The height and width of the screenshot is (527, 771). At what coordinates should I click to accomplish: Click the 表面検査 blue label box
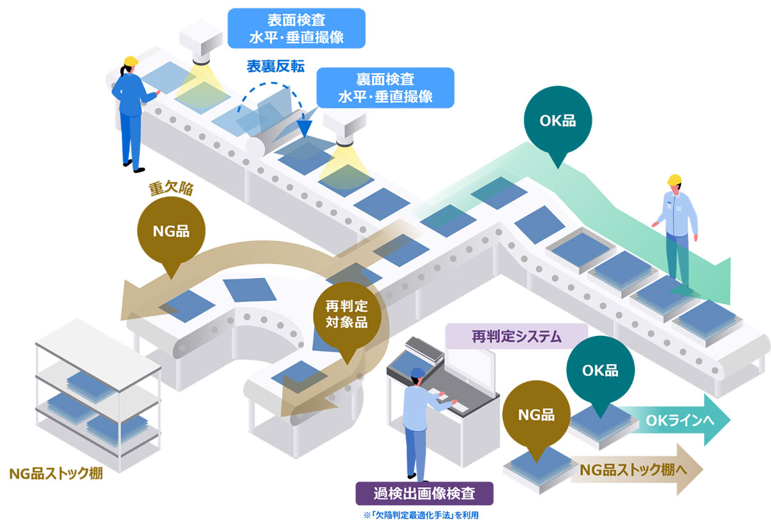(296, 28)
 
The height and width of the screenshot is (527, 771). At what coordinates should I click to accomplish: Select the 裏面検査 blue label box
(385, 88)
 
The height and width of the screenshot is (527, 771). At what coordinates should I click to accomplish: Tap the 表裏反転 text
(276, 66)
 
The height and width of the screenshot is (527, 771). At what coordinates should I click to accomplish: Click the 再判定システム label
(517, 335)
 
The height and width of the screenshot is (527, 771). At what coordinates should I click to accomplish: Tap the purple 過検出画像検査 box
(425, 494)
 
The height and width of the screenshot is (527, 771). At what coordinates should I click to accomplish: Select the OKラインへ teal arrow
(681, 420)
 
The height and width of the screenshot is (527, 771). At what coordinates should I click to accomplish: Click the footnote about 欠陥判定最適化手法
(425, 515)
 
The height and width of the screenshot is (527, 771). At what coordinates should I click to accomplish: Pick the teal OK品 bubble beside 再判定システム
(600, 371)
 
